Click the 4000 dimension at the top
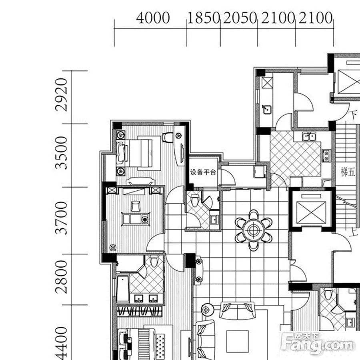click(x=153, y=18)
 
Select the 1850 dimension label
click(x=204, y=18)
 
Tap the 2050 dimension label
click(x=240, y=18)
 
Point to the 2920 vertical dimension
click(x=62, y=94)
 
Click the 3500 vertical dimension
click(x=62, y=153)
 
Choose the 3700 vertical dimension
click(x=62, y=218)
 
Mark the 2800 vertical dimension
click(x=62, y=277)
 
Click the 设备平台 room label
click(x=203, y=172)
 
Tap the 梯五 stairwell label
click(x=348, y=172)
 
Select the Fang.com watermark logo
click(x=317, y=344)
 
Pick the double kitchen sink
click(x=309, y=136)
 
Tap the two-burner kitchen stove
click(x=326, y=156)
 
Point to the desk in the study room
click(x=136, y=218)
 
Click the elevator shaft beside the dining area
click(x=311, y=209)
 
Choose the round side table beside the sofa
click(x=206, y=310)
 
